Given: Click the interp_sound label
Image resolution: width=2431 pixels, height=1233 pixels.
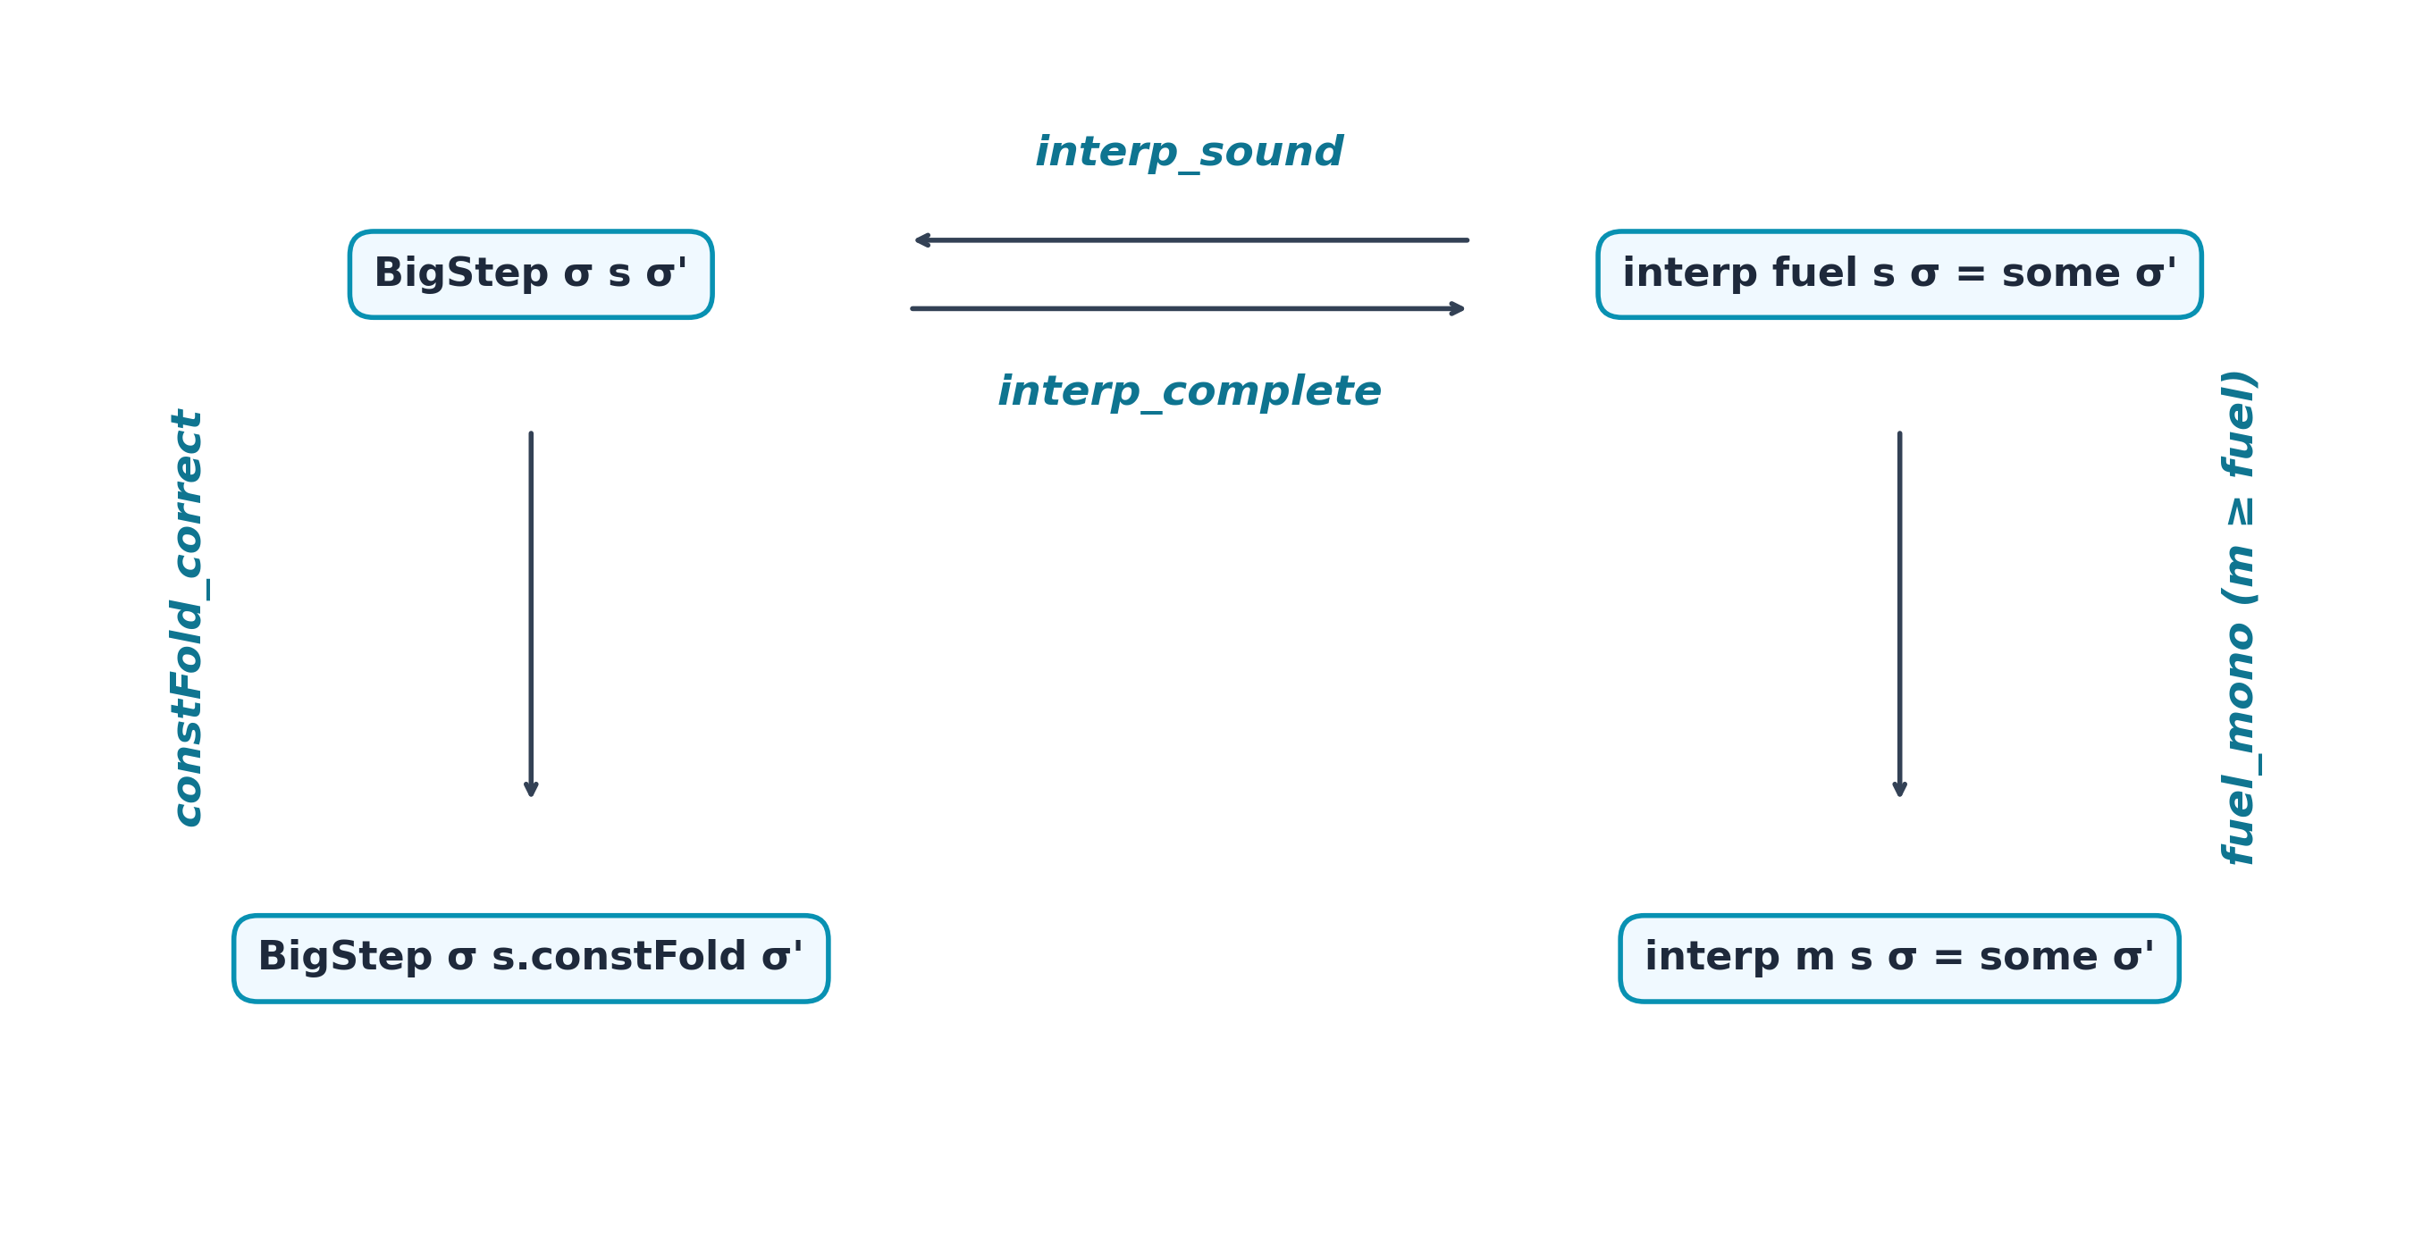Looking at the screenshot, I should (1188, 153).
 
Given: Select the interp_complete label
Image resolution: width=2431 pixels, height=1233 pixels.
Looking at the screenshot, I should (1188, 391).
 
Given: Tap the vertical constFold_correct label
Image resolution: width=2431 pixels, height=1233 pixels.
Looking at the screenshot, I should (188, 618).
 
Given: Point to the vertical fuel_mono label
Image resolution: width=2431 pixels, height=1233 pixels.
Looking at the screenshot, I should (2238, 618).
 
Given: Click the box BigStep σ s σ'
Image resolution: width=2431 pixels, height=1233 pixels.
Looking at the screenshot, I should (530, 274).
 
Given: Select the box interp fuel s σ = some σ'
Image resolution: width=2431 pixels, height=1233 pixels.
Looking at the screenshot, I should (1898, 274).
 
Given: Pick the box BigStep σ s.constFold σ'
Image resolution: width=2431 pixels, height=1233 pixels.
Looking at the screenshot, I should (530, 958).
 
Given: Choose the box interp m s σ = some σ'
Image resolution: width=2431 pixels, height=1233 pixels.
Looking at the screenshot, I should (1898, 958).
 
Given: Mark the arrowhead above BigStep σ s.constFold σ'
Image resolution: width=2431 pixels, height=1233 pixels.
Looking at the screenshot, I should (531, 789).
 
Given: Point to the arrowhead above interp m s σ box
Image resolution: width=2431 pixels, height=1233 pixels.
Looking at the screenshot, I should (1900, 789).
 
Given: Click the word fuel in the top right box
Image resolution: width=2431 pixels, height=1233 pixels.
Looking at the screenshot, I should (1813, 273).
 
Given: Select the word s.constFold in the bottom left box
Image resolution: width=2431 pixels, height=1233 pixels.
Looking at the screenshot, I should (619, 957).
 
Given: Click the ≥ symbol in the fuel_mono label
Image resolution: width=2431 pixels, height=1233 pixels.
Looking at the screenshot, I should (2239, 511).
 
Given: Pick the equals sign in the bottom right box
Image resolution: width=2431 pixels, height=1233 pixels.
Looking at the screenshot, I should (1947, 958).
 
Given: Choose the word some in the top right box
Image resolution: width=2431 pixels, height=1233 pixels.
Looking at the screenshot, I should (2061, 273).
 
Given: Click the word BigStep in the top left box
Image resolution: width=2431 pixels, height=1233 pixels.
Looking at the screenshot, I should (460, 273).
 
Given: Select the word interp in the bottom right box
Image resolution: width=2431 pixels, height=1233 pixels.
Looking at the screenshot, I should (1711, 958).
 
